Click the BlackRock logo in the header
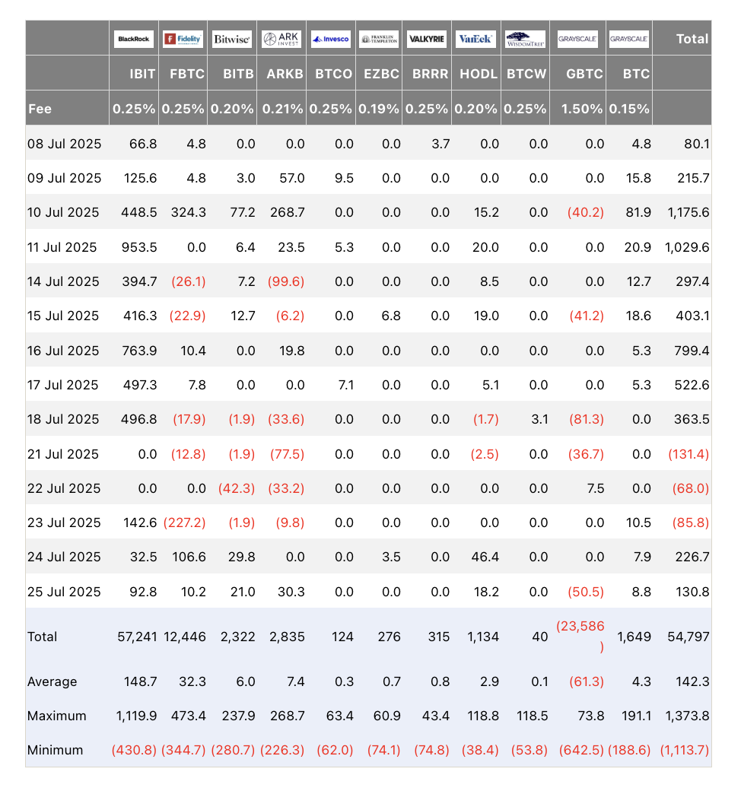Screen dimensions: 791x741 pos(134,39)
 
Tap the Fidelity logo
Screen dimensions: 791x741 pos(183,39)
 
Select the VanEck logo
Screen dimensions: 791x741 pos(476,39)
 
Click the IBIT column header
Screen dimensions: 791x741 pos(143,74)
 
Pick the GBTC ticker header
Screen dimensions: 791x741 pos(585,74)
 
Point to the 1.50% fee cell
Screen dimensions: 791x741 pos(582,109)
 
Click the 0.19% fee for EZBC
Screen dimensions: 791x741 pos(379,109)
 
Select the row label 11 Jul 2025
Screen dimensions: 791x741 pos(62,247)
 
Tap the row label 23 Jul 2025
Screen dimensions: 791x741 pos(64,523)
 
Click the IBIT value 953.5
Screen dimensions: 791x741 pos(138,247)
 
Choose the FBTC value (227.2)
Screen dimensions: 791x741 pos(183,523)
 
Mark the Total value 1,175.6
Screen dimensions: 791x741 pos(687,212)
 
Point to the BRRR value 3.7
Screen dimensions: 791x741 pos(440,144)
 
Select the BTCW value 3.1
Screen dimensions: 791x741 pos(539,419)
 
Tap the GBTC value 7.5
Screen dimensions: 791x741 pos(594,488)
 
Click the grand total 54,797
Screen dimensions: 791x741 pos(688,637)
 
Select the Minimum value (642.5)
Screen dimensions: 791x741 pos(582,750)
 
